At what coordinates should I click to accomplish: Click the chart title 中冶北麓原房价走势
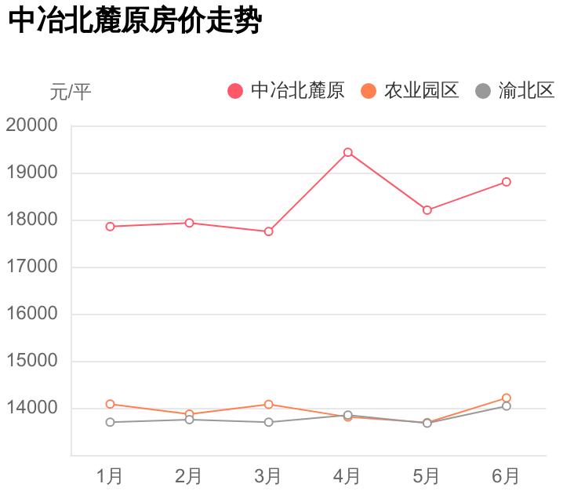[133, 21]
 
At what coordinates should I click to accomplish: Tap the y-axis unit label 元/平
[71, 92]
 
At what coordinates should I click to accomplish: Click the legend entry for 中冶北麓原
[286, 91]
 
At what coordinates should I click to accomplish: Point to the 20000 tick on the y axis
[32, 125]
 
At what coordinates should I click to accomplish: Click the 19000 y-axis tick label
[32, 173]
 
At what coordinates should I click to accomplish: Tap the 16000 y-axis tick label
[32, 314]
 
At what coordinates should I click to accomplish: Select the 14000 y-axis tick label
[32, 408]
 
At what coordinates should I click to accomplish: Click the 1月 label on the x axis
[110, 476]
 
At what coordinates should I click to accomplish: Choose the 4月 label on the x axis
[347, 476]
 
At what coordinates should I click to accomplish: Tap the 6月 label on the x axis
[506, 476]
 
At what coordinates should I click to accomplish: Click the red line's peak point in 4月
[347, 152]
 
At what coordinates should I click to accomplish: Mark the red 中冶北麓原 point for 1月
[110, 227]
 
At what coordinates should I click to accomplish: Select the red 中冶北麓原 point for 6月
[507, 182]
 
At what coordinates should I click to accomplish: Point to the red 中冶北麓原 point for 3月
[268, 231]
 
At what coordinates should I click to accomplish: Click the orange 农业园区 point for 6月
[507, 398]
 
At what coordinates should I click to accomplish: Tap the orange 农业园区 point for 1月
[110, 404]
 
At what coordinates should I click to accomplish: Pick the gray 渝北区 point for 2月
[189, 420]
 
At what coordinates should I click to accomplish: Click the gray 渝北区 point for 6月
[507, 406]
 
